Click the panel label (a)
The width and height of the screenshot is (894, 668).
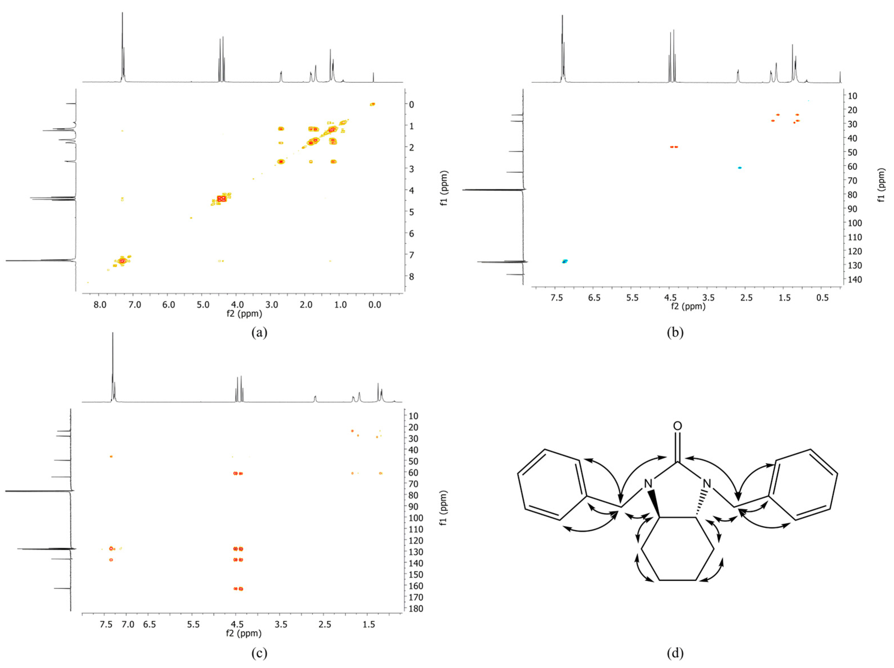pos(259,332)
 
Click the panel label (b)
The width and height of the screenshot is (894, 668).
pos(675,332)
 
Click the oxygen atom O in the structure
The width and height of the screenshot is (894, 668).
pos(678,426)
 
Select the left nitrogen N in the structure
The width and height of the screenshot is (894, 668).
pos(648,484)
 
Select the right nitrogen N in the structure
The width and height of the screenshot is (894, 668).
pos(707,484)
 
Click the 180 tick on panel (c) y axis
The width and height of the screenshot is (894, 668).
pos(416,608)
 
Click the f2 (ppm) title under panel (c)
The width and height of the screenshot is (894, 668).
pos(244,633)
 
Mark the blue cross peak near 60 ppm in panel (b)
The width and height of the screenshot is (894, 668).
pos(740,167)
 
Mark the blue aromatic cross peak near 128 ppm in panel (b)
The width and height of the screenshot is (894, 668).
pos(565,261)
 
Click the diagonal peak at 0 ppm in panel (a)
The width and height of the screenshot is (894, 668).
pos(373,104)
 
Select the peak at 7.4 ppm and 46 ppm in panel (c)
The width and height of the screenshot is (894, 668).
pos(111,456)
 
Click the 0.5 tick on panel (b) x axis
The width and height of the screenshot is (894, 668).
pos(822,298)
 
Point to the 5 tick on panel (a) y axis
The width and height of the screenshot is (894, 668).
pos(411,212)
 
